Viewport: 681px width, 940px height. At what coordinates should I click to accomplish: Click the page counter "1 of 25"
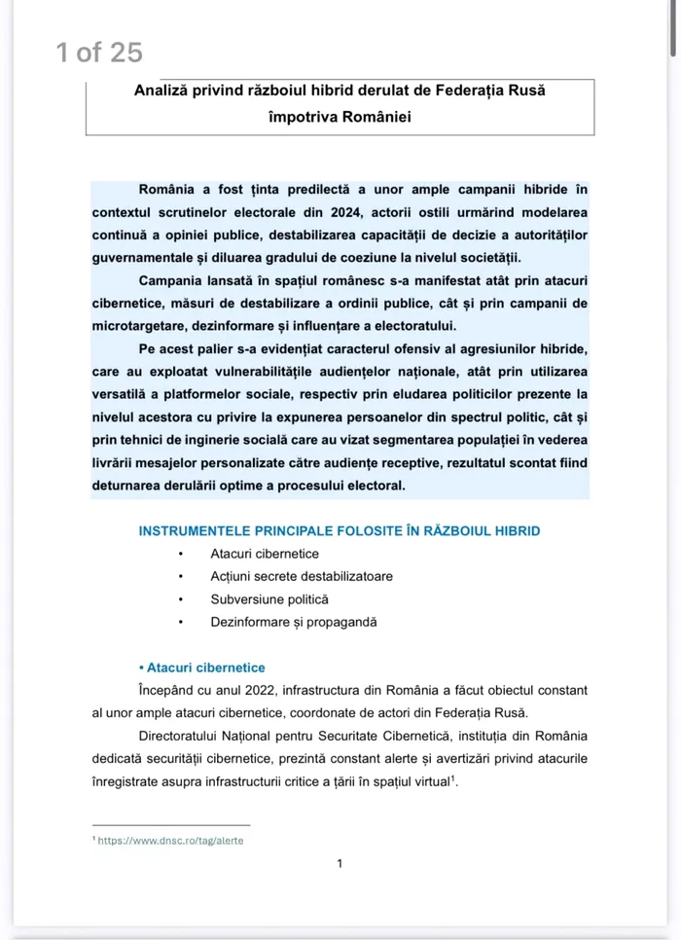point(99,53)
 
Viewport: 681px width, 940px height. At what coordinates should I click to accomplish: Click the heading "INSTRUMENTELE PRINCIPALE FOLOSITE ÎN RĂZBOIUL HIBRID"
point(339,530)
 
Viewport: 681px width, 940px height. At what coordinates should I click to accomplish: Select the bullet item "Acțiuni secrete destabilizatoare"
point(302,576)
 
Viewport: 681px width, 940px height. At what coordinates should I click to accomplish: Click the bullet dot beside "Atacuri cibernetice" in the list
point(180,554)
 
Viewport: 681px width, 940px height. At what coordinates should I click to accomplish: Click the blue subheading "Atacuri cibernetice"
point(205,668)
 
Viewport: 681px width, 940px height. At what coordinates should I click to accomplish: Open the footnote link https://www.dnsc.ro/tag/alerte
point(170,841)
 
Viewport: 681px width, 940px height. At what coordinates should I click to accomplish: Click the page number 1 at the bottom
point(339,863)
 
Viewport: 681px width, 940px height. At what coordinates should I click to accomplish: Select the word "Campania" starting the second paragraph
point(166,280)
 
